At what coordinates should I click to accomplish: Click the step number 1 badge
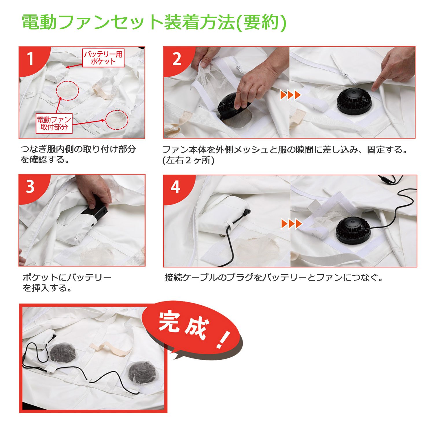(x=31, y=59)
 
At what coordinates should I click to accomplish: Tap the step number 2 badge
(x=176, y=59)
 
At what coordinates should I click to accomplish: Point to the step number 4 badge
(x=176, y=187)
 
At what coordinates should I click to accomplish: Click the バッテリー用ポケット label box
(x=103, y=58)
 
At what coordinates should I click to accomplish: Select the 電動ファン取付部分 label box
(x=54, y=124)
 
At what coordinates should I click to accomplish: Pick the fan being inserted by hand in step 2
(x=231, y=108)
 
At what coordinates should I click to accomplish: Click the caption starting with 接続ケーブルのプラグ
(x=273, y=278)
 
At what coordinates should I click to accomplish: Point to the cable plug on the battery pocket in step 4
(x=246, y=213)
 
